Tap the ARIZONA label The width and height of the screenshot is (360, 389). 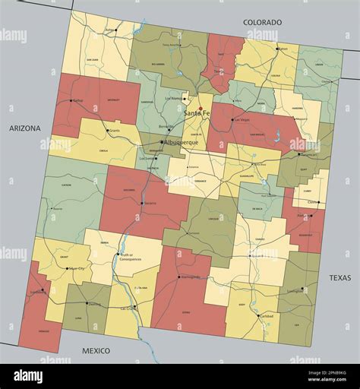25,128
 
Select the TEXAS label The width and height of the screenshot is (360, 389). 340,278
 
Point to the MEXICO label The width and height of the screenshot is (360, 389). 96,350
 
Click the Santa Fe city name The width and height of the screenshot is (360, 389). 197,114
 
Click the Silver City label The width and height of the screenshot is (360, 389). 77,268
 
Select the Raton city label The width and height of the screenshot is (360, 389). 283,49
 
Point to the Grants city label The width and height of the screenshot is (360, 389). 114,131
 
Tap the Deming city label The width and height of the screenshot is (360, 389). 94,304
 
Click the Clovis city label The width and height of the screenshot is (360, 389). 311,202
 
